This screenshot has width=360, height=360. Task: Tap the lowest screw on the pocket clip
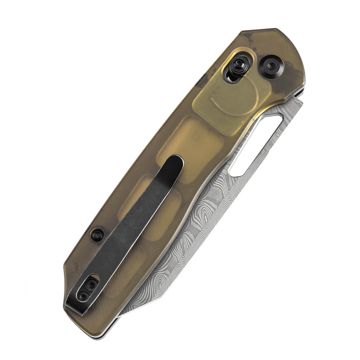pos(84,296)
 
